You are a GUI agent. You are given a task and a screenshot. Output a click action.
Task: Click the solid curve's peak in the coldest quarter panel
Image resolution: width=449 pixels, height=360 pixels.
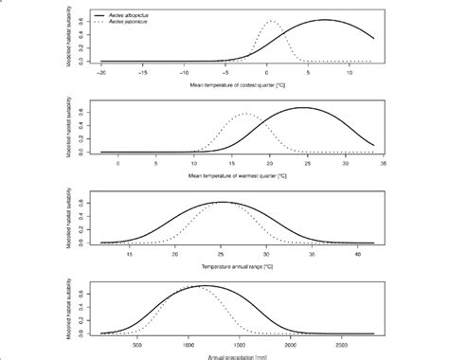click(324, 20)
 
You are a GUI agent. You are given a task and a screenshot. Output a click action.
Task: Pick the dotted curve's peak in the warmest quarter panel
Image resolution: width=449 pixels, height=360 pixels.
click(247, 115)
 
